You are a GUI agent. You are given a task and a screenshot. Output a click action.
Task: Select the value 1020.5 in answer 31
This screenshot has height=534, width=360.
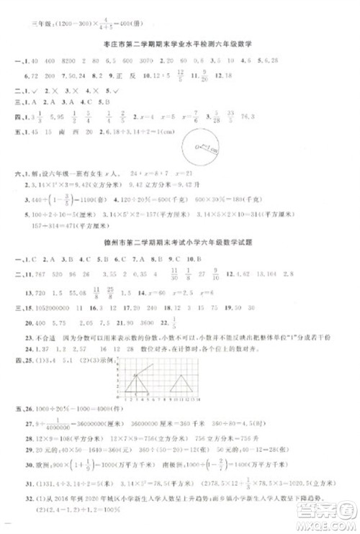[300, 484]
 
